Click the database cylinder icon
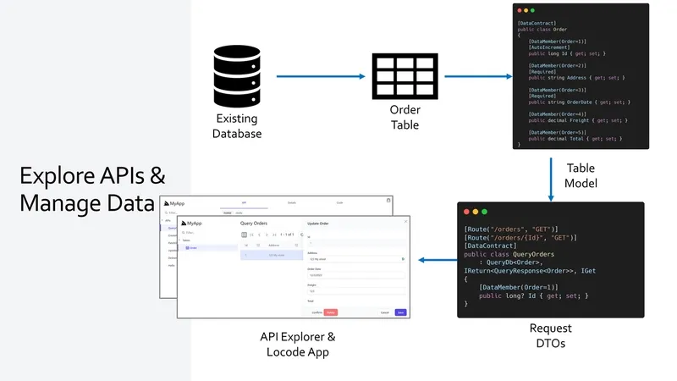tap(237, 74)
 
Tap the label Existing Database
tap(237, 126)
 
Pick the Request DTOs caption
tap(550, 335)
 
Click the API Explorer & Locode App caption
tap(297, 344)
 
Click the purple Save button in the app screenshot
tap(400, 312)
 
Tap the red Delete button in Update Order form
tap(330, 312)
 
